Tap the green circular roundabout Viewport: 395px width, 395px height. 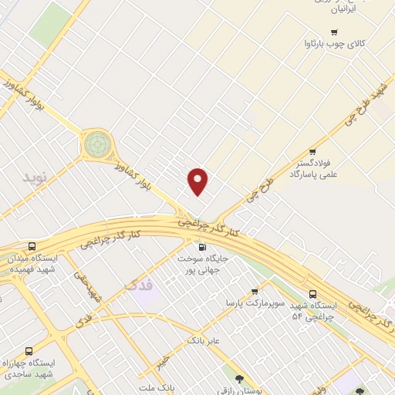[x=98, y=143]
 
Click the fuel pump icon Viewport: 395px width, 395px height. [x=202, y=247]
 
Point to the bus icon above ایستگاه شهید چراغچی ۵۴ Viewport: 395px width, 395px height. [x=312, y=294]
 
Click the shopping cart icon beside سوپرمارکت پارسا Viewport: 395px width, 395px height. [x=255, y=292]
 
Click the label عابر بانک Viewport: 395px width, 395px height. [x=204, y=339]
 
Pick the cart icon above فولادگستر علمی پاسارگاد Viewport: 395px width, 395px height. [x=312, y=152]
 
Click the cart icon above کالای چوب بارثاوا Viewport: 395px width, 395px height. [x=333, y=32]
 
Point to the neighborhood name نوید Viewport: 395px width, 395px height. [x=34, y=177]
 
